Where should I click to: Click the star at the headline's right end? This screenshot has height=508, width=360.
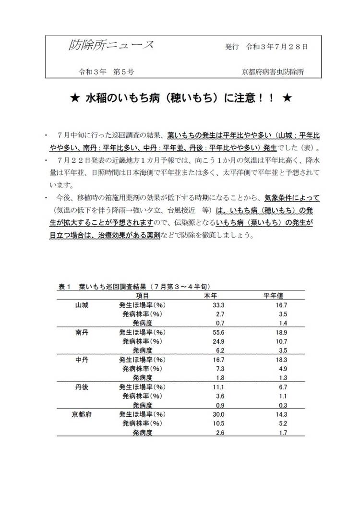click(x=287, y=98)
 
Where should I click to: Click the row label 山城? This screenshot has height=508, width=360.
click(x=82, y=305)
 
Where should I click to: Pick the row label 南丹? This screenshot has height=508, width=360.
click(x=82, y=332)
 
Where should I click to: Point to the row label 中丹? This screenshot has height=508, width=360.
click(x=82, y=360)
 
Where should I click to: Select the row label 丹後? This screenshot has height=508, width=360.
click(x=82, y=387)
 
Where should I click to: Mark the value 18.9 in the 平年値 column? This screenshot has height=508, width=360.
click(x=281, y=332)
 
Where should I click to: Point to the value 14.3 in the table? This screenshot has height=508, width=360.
click(x=281, y=414)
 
